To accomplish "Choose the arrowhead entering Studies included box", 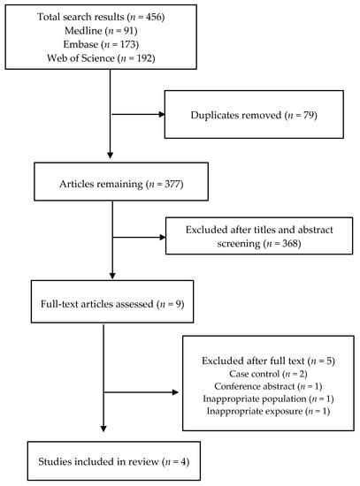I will click(x=104, y=433).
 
